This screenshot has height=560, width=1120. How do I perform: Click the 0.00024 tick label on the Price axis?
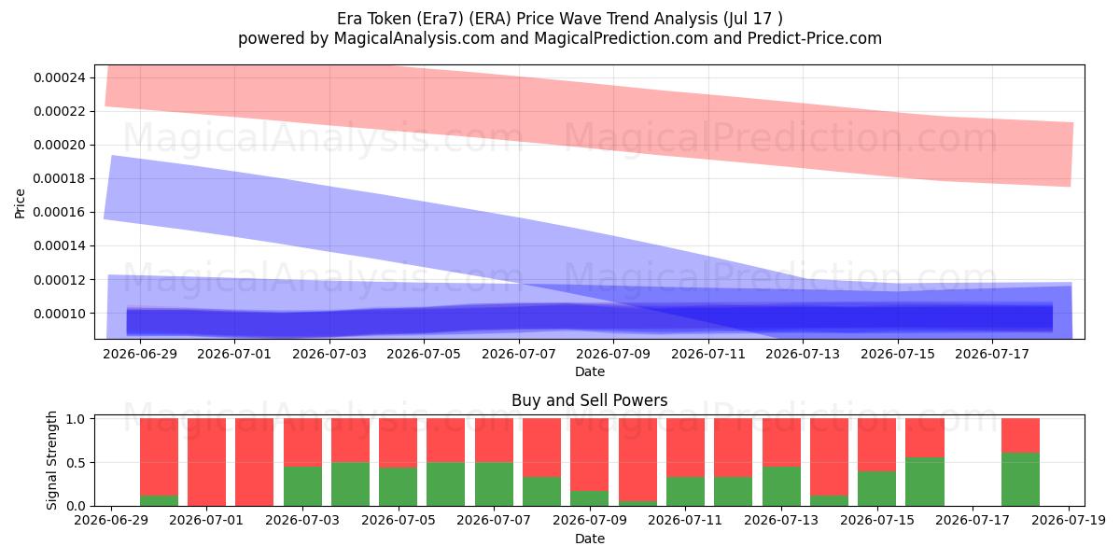pos(60,78)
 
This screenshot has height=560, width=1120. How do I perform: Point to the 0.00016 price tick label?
pos(60,213)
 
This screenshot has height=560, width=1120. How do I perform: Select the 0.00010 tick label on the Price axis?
pos(60,314)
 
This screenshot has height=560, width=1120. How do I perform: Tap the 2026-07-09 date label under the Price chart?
pos(613,354)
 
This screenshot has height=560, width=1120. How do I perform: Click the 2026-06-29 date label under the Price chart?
pos(140,354)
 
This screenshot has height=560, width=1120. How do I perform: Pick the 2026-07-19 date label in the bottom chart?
pos(1069,521)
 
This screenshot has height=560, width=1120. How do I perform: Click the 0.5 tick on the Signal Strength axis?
pos(76,463)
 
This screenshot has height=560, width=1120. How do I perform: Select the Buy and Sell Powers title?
pos(590,400)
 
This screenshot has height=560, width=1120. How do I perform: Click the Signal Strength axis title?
pos(51,460)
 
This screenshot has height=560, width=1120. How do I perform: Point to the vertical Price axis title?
pos(20,203)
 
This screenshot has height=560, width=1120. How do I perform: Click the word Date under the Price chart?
pos(590,371)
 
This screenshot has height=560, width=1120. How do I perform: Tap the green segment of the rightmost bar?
pos(1020,480)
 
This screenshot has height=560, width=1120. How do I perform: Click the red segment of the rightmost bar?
pos(1020,436)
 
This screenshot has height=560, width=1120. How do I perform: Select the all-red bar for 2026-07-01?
pos(206,462)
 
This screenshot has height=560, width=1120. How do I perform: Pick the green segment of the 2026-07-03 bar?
pos(302,486)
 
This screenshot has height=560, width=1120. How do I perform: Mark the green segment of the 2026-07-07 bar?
pos(494,484)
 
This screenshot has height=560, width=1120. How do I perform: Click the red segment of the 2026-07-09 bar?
pos(590,455)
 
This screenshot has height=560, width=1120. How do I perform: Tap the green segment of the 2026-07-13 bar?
pos(781,486)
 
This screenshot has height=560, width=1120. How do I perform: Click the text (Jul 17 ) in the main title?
pos(753,19)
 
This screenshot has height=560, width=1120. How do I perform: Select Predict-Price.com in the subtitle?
pos(815,38)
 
